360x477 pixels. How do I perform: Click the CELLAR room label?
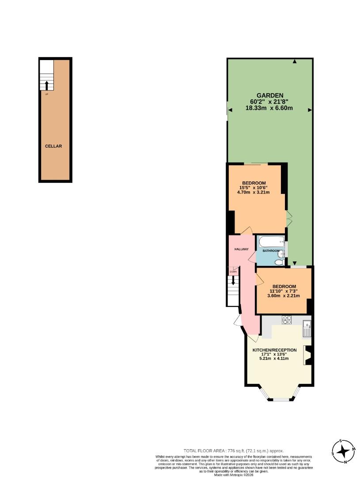coord(53,146)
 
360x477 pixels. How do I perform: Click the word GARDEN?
coord(270,95)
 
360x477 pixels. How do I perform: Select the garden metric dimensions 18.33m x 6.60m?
coord(270,108)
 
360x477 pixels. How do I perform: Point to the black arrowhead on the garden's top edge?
coord(295,62)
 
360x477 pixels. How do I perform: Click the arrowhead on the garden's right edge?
coord(310,110)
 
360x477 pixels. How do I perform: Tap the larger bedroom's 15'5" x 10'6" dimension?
coord(254,188)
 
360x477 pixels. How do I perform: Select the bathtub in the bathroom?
coord(272,241)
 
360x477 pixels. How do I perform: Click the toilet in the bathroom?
coord(279,262)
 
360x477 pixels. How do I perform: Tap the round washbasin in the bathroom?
coord(282,252)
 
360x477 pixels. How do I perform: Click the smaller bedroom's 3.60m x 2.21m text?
coord(284,296)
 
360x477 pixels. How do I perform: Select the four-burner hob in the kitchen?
coord(287,320)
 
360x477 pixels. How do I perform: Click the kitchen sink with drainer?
coord(307,329)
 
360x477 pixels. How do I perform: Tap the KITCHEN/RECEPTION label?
coord(274,350)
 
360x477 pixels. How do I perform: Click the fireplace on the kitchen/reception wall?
coord(308,355)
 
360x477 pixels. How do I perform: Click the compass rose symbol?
coord(343,451)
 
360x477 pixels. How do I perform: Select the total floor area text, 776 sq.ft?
coord(234,450)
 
